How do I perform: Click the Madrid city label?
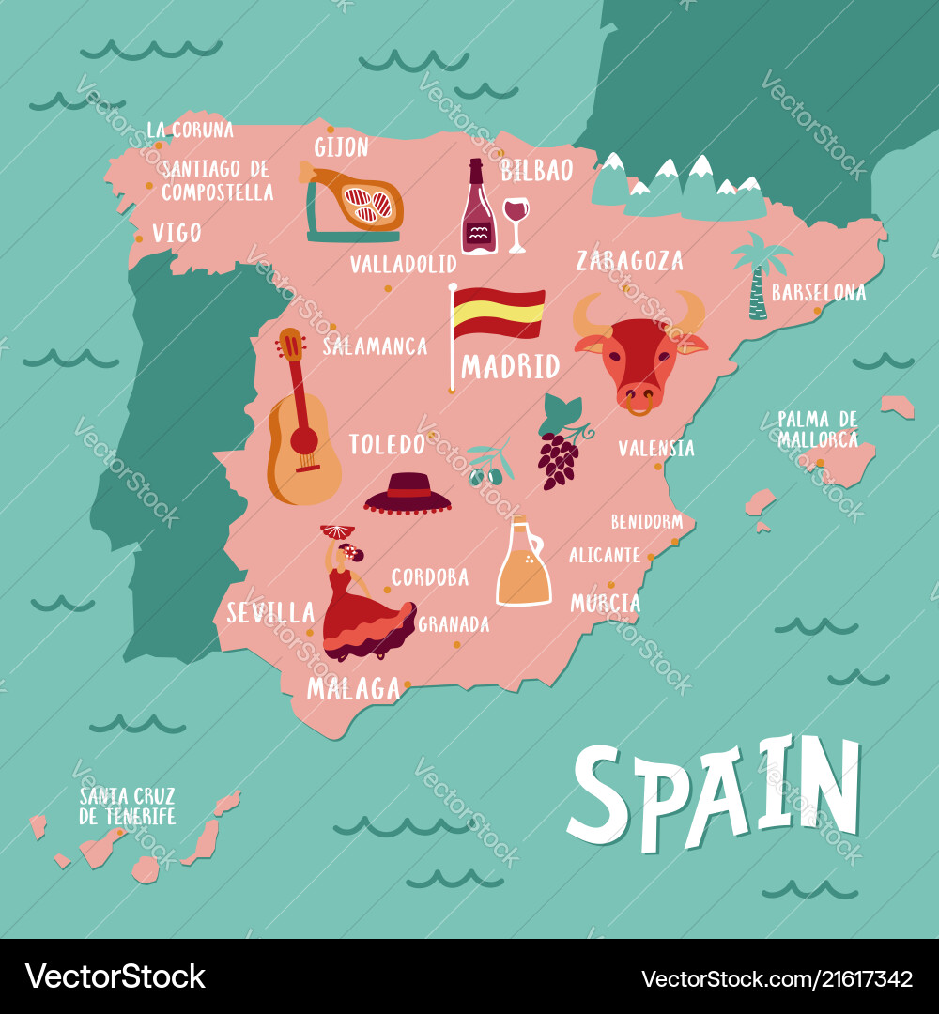click(x=510, y=366)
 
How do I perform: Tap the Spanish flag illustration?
click(x=498, y=314)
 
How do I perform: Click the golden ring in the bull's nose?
click(x=639, y=406)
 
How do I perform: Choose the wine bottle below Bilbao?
click(x=478, y=211)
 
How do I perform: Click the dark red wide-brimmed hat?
click(x=408, y=494)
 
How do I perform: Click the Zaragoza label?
click(x=629, y=260)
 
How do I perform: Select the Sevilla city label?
click(x=270, y=613)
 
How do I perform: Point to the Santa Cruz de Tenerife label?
click(x=128, y=807)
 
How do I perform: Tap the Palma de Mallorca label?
click(x=817, y=429)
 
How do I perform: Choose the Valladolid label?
click(x=403, y=265)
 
